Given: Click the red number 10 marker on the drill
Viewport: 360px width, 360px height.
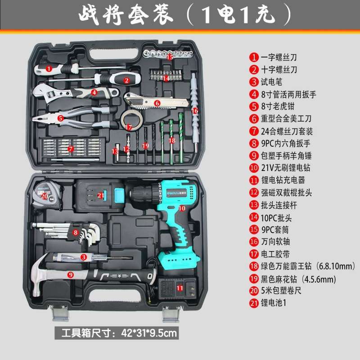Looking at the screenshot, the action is pos(182,208).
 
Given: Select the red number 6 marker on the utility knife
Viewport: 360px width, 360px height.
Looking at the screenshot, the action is pos(157,103).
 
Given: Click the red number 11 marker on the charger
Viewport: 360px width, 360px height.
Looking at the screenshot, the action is pos(180,287).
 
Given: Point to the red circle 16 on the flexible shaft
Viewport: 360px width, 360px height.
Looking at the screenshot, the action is pos(195,110).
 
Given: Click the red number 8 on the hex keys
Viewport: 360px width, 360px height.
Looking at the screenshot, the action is pos(76,233).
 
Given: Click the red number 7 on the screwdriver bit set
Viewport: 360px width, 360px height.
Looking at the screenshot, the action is pos(70,148).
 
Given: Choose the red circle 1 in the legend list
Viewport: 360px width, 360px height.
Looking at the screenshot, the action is pos(254,57).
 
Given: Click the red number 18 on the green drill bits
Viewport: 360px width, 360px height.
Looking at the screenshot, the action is pos(171,140).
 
